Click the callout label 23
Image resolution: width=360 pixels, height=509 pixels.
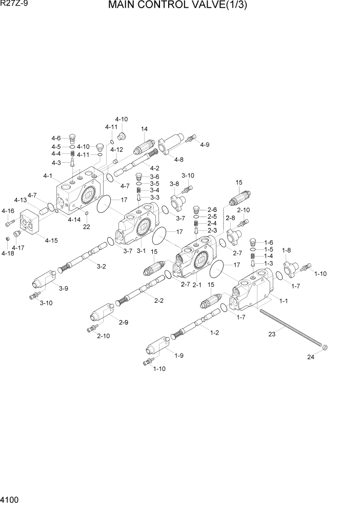coord(271,334)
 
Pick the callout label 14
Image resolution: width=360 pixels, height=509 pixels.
coord(144,129)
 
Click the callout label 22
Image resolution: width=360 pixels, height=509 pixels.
coord(86,226)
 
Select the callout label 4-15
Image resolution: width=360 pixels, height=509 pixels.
coord(51,240)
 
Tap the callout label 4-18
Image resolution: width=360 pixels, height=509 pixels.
coord(8,253)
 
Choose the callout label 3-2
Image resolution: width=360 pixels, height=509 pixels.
coord(101,266)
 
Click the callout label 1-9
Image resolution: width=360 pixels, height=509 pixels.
coord(179,356)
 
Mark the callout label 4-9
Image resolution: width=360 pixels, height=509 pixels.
coord(205,145)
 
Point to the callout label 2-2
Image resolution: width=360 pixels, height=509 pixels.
coord(158,300)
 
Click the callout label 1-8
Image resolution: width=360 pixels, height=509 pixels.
coord(286,250)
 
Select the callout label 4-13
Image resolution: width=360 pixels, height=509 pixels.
coord(21,200)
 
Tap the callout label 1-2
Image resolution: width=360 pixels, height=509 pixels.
coord(214,332)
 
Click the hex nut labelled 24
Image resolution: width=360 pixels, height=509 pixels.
coord(325,348)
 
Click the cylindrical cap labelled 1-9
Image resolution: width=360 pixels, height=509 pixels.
coord(156,347)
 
